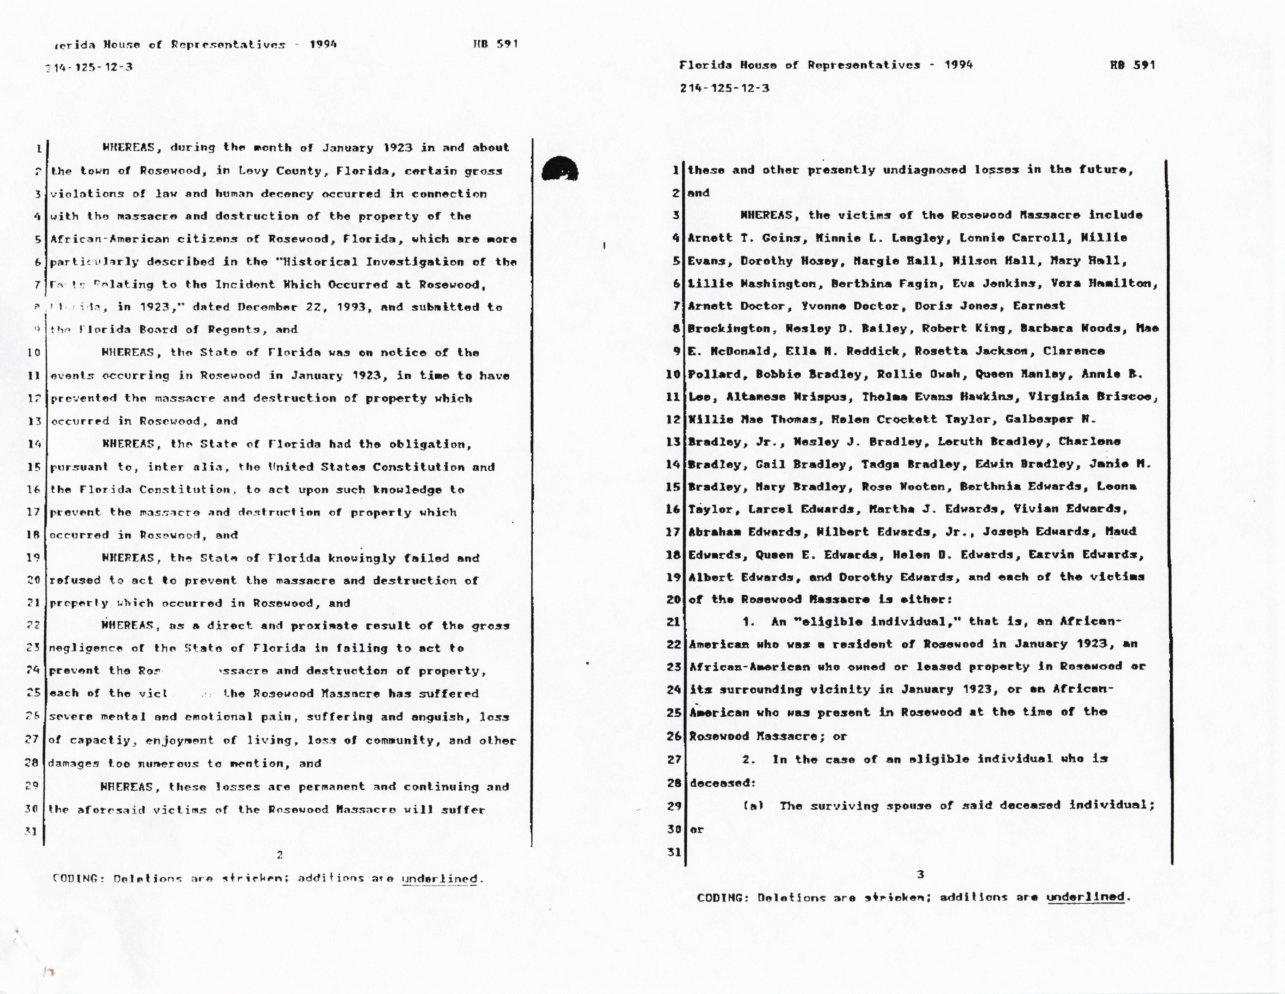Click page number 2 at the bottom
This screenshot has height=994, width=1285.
[279, 855]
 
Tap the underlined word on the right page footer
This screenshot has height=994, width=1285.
[1085, 897]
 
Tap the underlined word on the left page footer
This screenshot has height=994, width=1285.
[439, 879]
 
